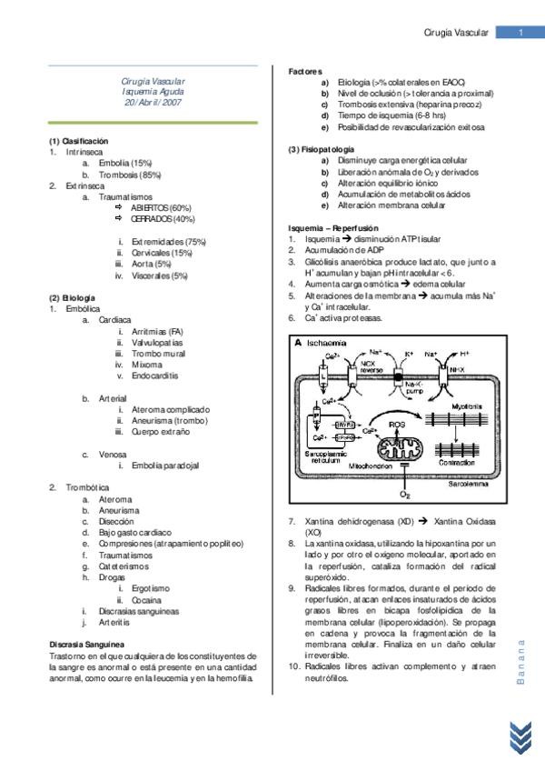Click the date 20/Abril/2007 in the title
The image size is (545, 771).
[x=153, y=104]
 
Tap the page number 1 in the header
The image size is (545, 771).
[x=520, y=34]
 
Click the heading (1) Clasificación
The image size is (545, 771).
[x=78, y=141]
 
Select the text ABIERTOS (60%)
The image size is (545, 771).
[x=162, y=207]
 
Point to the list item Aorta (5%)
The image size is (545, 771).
[x=151, y=264]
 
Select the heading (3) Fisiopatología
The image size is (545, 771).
[x=322, y=149]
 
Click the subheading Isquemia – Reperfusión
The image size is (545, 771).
[x=333, y=227]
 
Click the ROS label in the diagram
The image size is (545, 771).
[x=397, y=424]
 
